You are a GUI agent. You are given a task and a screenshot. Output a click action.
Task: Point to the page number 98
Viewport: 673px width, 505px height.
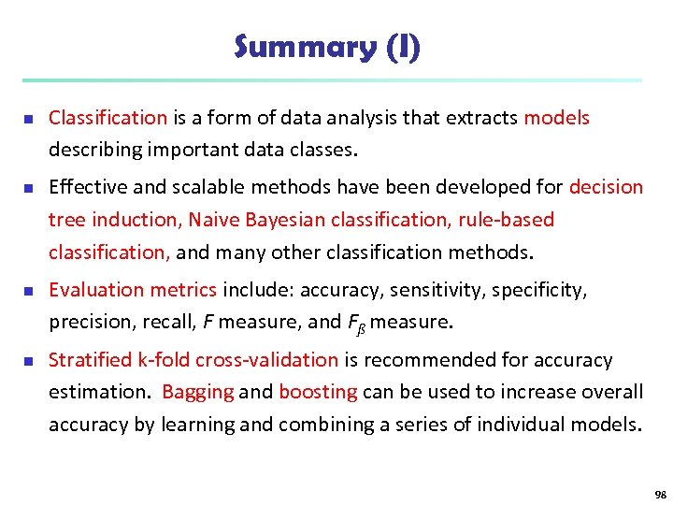click(661, 493)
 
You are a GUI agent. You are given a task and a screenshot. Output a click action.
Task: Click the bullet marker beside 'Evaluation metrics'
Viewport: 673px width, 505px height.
click(29, 291)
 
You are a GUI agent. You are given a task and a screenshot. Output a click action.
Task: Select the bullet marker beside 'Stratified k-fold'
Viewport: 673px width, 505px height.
click(29, 361)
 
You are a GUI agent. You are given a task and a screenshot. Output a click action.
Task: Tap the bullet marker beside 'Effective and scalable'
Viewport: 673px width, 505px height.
click(29, 188)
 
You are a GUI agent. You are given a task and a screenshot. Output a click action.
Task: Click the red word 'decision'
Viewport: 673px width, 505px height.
click(606, 187)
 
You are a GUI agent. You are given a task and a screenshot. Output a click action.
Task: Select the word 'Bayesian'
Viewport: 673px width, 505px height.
click(283, 220)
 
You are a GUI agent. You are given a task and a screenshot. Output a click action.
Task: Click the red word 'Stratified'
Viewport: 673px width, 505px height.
click(91, 360)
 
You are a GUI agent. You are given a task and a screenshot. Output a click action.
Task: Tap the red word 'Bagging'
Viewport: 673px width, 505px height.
click(197, 392)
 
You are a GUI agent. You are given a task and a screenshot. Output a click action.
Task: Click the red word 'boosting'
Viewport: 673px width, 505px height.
click(318, 392)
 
